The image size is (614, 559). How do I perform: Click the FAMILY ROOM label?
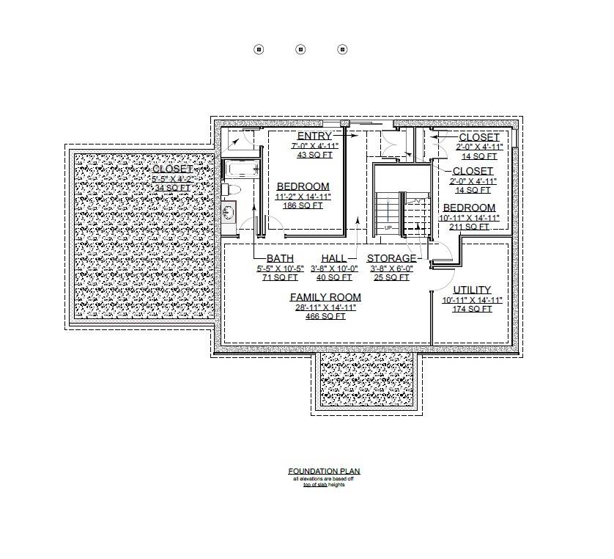(325, 297)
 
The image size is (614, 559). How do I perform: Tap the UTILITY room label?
(472, 290)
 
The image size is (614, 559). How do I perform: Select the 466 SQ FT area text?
(325, 317)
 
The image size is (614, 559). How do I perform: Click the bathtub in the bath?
(241, 170)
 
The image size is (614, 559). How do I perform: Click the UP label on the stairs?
(388, 228)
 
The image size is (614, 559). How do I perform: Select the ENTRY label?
(314, 136)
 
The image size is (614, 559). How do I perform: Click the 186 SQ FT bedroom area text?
(303, 206)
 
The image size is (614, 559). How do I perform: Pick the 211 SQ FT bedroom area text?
(469, 227)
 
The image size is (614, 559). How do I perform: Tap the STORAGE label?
(391, 258)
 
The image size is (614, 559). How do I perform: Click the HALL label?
(333, 258)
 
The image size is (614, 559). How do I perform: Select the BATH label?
(280, 258)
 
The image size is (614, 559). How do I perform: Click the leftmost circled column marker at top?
(259, 49)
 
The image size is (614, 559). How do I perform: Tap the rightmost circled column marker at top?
(342, 49)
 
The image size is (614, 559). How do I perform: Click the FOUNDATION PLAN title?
(324, 472)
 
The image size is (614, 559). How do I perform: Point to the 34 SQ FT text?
(172, 189)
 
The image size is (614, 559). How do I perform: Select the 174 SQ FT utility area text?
(472, 310)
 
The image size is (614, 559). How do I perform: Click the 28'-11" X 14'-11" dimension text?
(325, 307)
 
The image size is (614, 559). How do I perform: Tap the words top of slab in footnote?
(314, 485)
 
